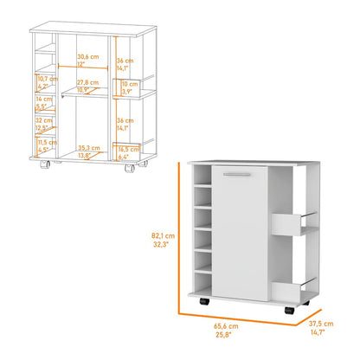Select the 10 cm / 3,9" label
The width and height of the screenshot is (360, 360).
coord(125,87)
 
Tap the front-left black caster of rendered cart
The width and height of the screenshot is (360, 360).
coord(202,301)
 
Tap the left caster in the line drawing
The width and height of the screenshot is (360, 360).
coord(54,164)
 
